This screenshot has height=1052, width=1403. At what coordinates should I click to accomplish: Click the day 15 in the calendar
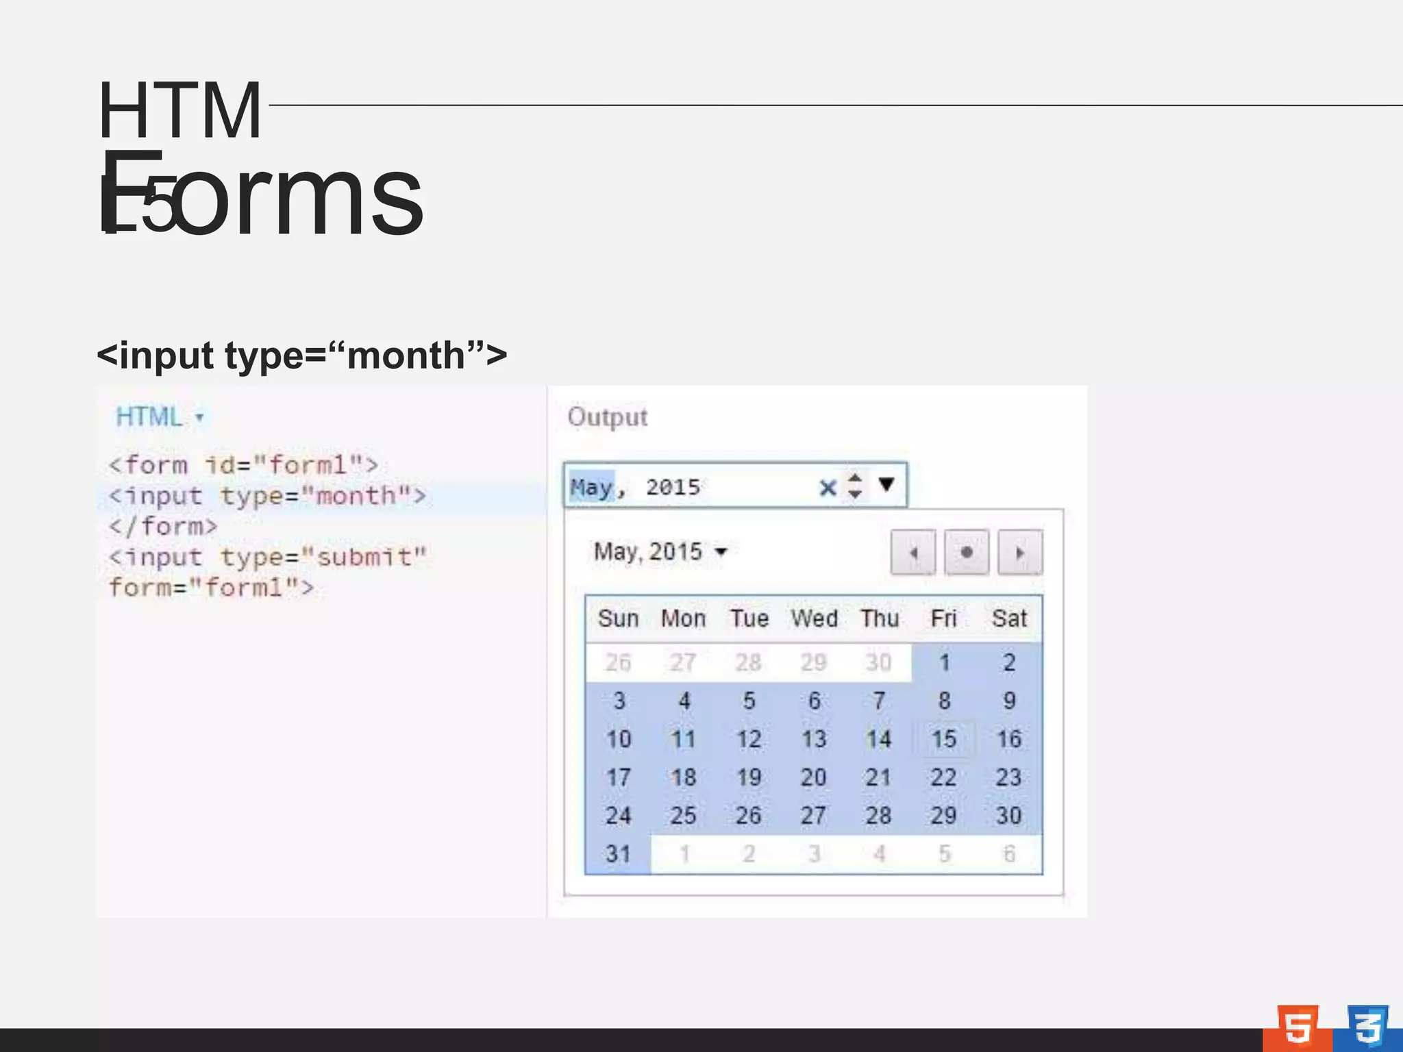(943, 739)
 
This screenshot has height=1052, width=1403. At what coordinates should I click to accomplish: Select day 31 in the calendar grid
(618, 854)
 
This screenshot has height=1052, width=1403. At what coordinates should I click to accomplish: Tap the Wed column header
(814, 618)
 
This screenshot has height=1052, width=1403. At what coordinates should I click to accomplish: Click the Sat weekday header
(1008, 618)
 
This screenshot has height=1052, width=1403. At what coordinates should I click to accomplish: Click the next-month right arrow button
(1020, 552)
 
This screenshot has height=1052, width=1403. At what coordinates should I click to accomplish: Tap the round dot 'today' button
(966, 552)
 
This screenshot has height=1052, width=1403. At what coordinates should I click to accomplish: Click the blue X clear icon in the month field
(828, 488)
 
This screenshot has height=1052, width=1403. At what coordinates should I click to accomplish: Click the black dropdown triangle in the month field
(886, 485)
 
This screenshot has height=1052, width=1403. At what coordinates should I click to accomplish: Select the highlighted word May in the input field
(591, 487)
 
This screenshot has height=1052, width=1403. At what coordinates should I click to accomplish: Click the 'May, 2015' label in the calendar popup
(648, 552)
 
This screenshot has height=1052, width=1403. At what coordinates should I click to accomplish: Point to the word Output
(607, 417)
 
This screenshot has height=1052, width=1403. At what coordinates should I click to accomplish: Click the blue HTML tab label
(149, 416)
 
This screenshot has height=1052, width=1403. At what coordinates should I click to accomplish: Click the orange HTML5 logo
(1297, 1027)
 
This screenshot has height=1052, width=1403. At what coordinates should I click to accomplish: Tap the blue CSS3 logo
(1367, 1027)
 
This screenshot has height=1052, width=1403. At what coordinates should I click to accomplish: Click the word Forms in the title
(260, 195)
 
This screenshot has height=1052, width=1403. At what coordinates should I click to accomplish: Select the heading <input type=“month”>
(301, 355)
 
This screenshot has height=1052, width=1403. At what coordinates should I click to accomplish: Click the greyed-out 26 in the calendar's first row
(618, 662)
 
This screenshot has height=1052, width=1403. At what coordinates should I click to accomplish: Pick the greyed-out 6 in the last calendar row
(1008, 854)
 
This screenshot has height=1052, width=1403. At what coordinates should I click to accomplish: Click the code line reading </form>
(163, 527)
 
